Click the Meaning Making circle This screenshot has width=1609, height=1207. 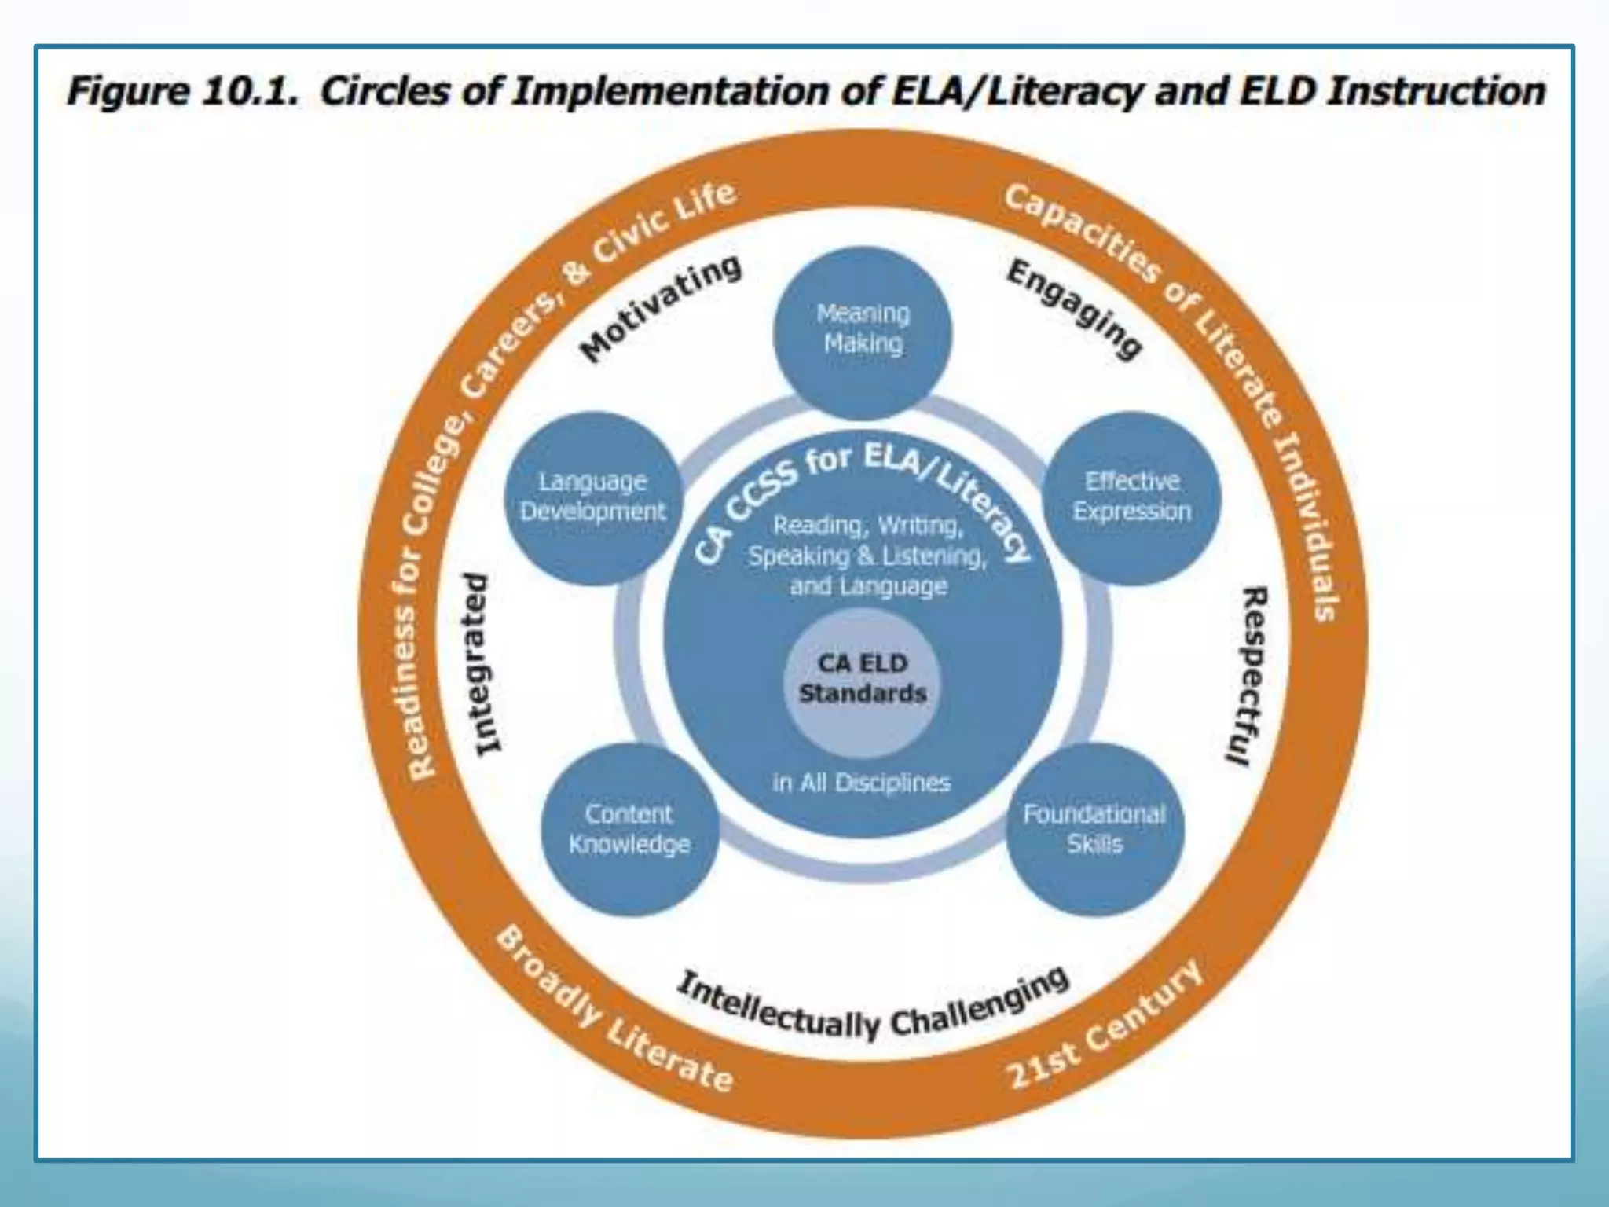point(863,330)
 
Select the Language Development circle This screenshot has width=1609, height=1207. point(592,497)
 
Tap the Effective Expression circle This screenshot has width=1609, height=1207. point(1131,497)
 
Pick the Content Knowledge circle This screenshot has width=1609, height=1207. point(629,829)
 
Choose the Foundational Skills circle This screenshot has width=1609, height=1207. point(1094,829)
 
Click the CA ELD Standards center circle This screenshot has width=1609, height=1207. point(863,678)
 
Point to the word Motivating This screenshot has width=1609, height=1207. point(660,309)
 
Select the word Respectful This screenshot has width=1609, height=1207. point(1247,676)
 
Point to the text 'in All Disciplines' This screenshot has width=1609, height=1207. point(861,783)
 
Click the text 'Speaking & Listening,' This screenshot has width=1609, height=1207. point(867,556)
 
